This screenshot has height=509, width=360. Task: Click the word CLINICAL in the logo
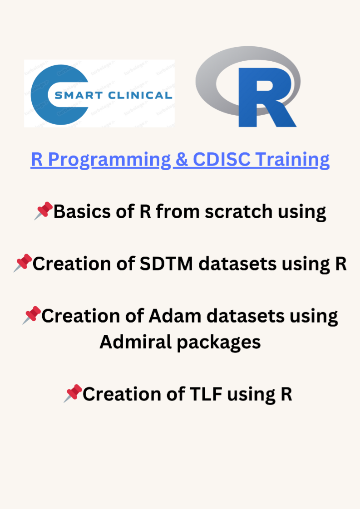(x=140, y=95)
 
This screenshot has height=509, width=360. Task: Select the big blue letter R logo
(x=266, y=98)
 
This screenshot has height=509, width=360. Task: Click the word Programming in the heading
(x=109, y=160)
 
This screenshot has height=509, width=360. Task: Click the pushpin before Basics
(x=43, y=210)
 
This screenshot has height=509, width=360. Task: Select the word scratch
(x=238, y=212)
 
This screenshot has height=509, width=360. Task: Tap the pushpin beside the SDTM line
(x=23, y=263)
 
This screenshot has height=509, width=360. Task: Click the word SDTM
(x=166, y=263)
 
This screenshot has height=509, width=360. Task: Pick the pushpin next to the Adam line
(x=31, y=315)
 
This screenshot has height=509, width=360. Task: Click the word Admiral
(x=135, y=342)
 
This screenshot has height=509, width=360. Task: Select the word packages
(x=219, y=343)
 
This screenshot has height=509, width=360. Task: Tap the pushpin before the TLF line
(x=73, y=393)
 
